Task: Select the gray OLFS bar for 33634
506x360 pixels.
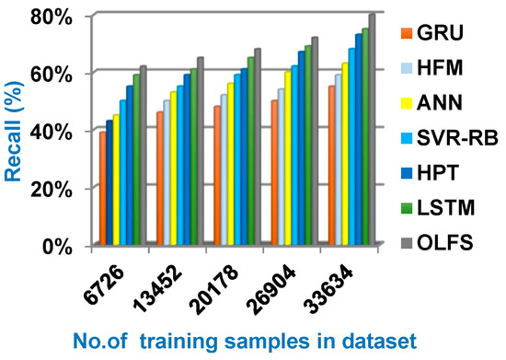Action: pos(373,130)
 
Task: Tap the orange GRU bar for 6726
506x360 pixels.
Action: pos(103,189)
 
